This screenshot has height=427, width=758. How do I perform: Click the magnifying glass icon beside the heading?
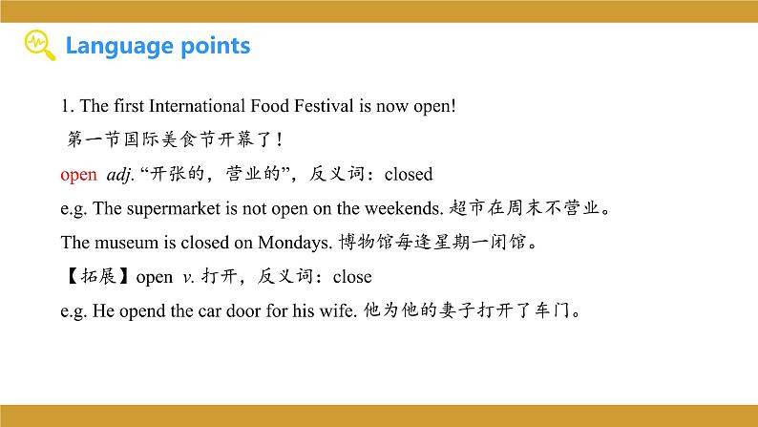pyautogui.click(x=38, y=45)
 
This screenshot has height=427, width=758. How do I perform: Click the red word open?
pyautogui.click(x=78, y=175)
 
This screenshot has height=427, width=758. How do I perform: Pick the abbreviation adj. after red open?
pyautogui.click(x=117, y=175)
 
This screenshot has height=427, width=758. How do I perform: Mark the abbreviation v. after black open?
pyautogui.click(x=187, y=277)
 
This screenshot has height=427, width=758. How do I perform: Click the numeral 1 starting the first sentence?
pyautogui.click(x=64, y=106)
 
